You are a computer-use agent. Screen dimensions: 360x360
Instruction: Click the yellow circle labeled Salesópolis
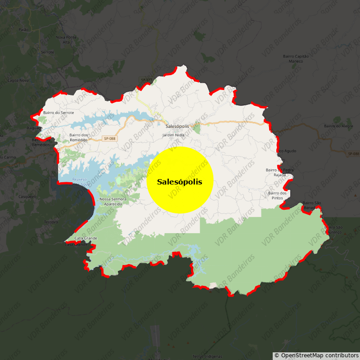point(180,180)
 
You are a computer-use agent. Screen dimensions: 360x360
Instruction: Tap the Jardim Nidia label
point(173,135)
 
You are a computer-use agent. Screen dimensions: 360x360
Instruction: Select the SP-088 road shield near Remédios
point(109,139)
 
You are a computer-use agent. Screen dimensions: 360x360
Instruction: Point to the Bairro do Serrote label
point(58,112)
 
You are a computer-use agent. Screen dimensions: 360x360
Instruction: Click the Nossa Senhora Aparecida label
point(113,201)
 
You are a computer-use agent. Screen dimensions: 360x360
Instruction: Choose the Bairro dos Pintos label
point(277,195)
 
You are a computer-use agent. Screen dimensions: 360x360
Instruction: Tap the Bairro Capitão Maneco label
point(296,58)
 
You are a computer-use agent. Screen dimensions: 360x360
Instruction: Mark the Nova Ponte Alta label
point(66,40)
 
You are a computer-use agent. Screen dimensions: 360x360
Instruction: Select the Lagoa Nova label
point(18,81)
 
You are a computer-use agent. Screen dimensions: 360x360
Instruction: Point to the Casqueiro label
point(27,197)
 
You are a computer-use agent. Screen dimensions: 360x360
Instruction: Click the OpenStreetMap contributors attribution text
point(316,355)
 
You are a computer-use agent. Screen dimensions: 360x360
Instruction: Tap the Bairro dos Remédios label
point(79,137)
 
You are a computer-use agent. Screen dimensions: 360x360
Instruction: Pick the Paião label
point(23,29)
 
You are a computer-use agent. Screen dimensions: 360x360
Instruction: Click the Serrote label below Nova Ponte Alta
point(47,52)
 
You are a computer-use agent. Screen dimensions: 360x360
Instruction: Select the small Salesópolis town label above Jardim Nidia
point(177,126)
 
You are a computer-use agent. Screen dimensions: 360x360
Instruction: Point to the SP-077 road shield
point(146,80)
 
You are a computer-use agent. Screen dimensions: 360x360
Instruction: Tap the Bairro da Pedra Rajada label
point(279,172)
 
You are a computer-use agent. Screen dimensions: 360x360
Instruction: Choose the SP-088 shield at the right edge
point(353,154)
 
